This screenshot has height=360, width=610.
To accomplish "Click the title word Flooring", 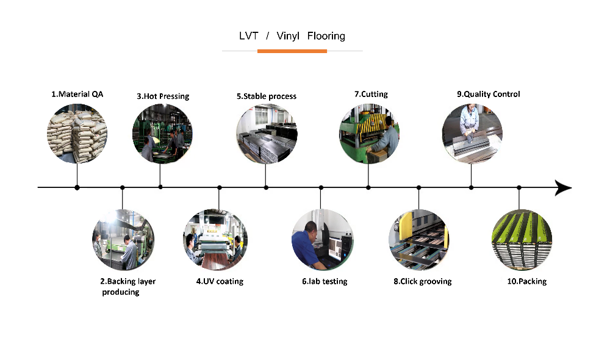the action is tap(326, 36).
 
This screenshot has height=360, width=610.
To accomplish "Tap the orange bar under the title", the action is tap(292, 51).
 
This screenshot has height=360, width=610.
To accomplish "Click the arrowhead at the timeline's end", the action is tap(563, 187).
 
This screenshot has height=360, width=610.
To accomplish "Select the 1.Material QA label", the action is tap(77, 94).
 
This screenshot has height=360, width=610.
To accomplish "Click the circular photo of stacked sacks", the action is tap(77, 134).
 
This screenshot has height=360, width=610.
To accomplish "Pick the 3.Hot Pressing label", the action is tap(163, 96).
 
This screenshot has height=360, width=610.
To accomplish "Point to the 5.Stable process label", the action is tap(267, 96).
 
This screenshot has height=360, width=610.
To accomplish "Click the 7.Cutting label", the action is tap(371, 94).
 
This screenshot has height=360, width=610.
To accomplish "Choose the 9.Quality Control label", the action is tap(488, 94).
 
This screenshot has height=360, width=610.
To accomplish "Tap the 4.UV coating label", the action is tap(220, 281).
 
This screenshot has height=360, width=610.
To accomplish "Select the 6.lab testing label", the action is tap(325, 281).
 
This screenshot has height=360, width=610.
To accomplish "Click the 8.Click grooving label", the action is tap(423, 281).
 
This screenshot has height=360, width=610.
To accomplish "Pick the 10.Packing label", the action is tap(527, 281).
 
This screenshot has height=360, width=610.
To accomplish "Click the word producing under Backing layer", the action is tap(121, 292).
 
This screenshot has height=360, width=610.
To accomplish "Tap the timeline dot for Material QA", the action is tap(77, 187).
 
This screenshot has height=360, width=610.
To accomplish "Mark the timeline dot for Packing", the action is tap(519, 187).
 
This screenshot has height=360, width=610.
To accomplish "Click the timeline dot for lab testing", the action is tap(321, 187).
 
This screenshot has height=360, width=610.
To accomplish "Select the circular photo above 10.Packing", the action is tap(522, 240).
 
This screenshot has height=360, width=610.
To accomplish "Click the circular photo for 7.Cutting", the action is tap(369, 134).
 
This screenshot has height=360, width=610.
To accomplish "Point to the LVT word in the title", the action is tap(249, 36).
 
